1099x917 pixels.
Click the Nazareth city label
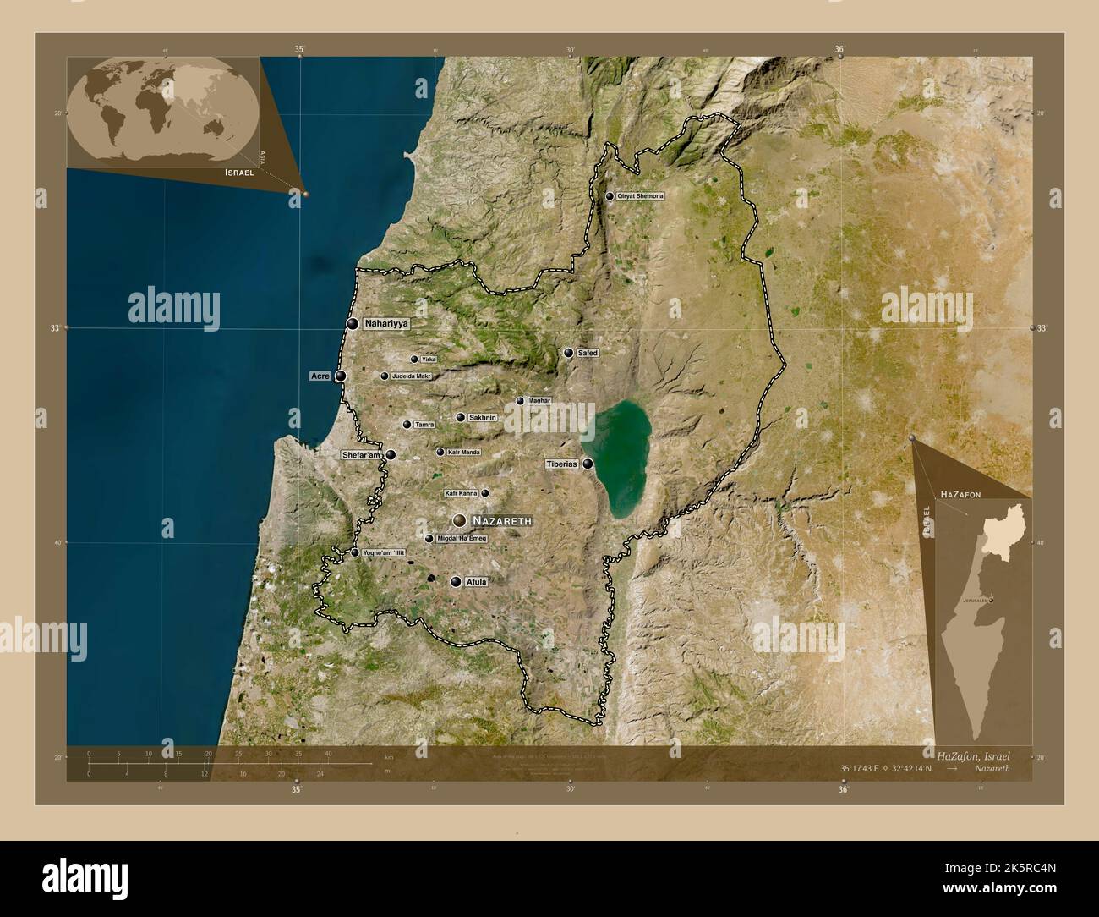point(502,521)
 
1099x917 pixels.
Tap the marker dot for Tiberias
point(587,464)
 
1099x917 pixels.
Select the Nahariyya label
point(386,324)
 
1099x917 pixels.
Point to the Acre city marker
point(340,376)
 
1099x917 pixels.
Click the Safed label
point(588,353)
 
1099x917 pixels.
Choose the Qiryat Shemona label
point(641,196)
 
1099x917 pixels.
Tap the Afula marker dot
point(456,582)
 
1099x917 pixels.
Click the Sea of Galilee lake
point(622,457)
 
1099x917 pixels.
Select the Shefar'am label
point(361,455)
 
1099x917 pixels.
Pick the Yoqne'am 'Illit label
point(384,552)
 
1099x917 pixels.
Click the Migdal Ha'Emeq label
point(462,539)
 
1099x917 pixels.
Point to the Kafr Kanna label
point(461,493)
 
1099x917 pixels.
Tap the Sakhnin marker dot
point(461,417)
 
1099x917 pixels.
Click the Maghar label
point(539,401)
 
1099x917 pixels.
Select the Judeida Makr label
point(412,376)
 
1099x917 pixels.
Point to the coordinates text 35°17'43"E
point(859,768)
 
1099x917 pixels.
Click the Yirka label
point(429,360)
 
